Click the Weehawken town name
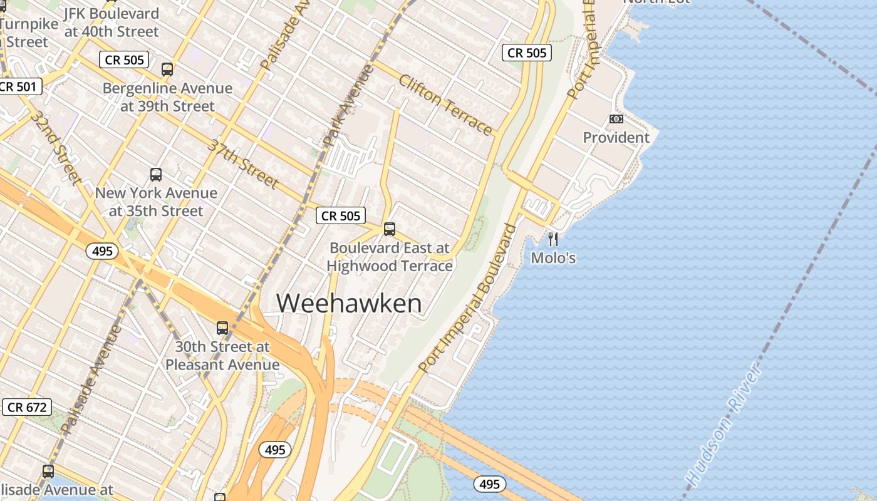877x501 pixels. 349,304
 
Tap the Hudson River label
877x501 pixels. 725,425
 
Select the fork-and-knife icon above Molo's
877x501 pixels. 553,239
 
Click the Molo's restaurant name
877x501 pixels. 553,257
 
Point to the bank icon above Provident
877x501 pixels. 616,119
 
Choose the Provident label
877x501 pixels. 616,137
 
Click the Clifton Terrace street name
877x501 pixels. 445,105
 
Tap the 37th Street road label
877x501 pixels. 243,163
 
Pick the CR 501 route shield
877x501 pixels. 18,86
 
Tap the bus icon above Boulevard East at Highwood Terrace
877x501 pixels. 390,229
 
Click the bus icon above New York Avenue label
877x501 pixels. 156,175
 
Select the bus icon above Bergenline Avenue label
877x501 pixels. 167,70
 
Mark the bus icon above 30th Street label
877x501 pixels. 222,328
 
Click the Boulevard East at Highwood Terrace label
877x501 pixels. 390,257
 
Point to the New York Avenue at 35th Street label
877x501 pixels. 156,202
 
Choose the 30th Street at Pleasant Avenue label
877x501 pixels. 222,355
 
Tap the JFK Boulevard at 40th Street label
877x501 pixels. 112,22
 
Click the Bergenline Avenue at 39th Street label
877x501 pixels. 167,97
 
